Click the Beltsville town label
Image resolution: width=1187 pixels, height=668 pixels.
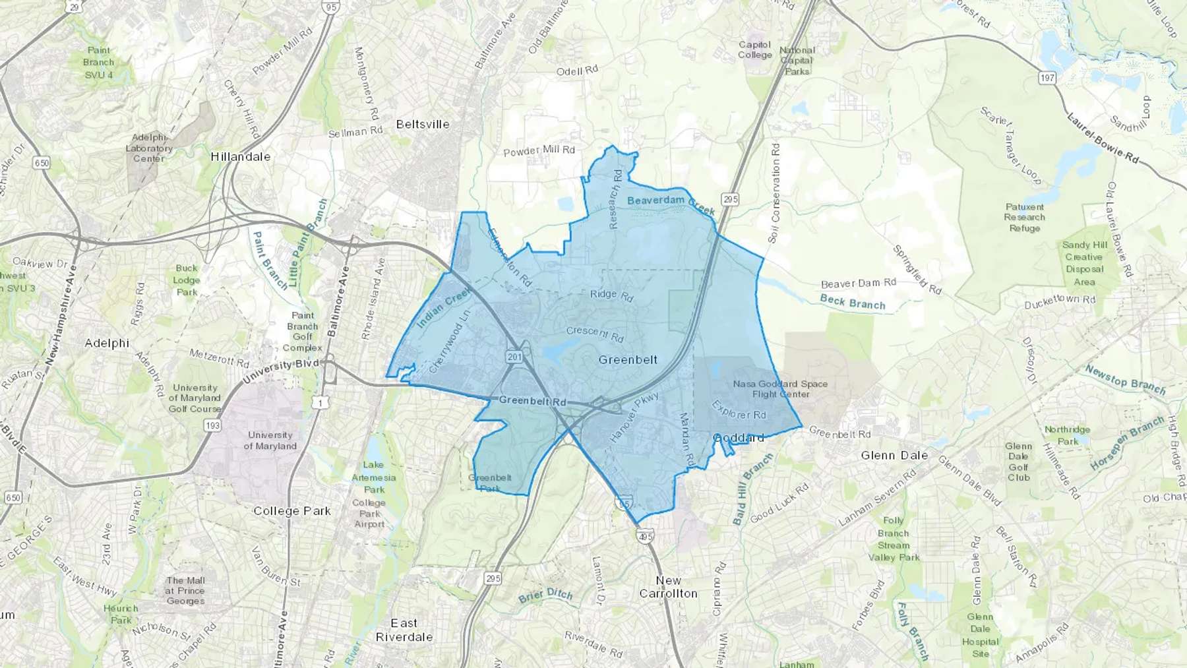[423, 124]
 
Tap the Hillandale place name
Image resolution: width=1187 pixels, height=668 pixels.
[241, 157]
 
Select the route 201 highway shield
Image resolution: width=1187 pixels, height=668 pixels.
[514, 357]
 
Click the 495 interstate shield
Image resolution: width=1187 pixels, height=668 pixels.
[645, 537]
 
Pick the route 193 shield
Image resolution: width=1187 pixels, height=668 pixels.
[212, 425]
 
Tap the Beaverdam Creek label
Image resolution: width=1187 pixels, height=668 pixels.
[671, 204]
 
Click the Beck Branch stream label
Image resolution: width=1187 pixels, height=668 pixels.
[853, 303]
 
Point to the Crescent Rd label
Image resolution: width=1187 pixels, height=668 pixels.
[594, 334]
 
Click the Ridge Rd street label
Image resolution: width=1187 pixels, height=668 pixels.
[611, 295]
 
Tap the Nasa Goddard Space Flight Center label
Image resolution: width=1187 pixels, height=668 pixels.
[780, 389]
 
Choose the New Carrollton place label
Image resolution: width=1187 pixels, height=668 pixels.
[668, 587]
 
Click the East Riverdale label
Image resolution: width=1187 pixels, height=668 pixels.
[404, 630]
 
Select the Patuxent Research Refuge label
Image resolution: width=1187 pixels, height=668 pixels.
[1025, 218]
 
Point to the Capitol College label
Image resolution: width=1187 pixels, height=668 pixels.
[755, 49]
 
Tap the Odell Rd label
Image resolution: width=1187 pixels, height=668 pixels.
[577, 71]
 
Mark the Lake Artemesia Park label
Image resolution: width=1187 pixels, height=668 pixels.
[374, 477]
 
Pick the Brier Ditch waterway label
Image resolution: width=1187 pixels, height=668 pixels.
[545, 595]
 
